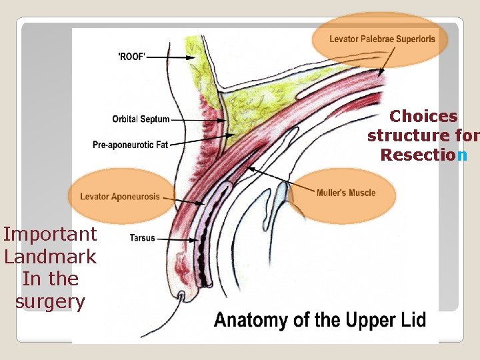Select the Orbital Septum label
point(141,120)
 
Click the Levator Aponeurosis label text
point(120,197)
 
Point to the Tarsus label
point(142,237)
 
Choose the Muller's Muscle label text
point(345,193)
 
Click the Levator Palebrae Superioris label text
point(382,39)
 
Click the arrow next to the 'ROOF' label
point(170,57)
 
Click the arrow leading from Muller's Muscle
point(280,181)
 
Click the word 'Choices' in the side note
point(423,117)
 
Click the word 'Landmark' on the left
point(50,257)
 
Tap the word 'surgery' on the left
point(50,302)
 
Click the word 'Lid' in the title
point(412,320)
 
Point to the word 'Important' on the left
point(50,234)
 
